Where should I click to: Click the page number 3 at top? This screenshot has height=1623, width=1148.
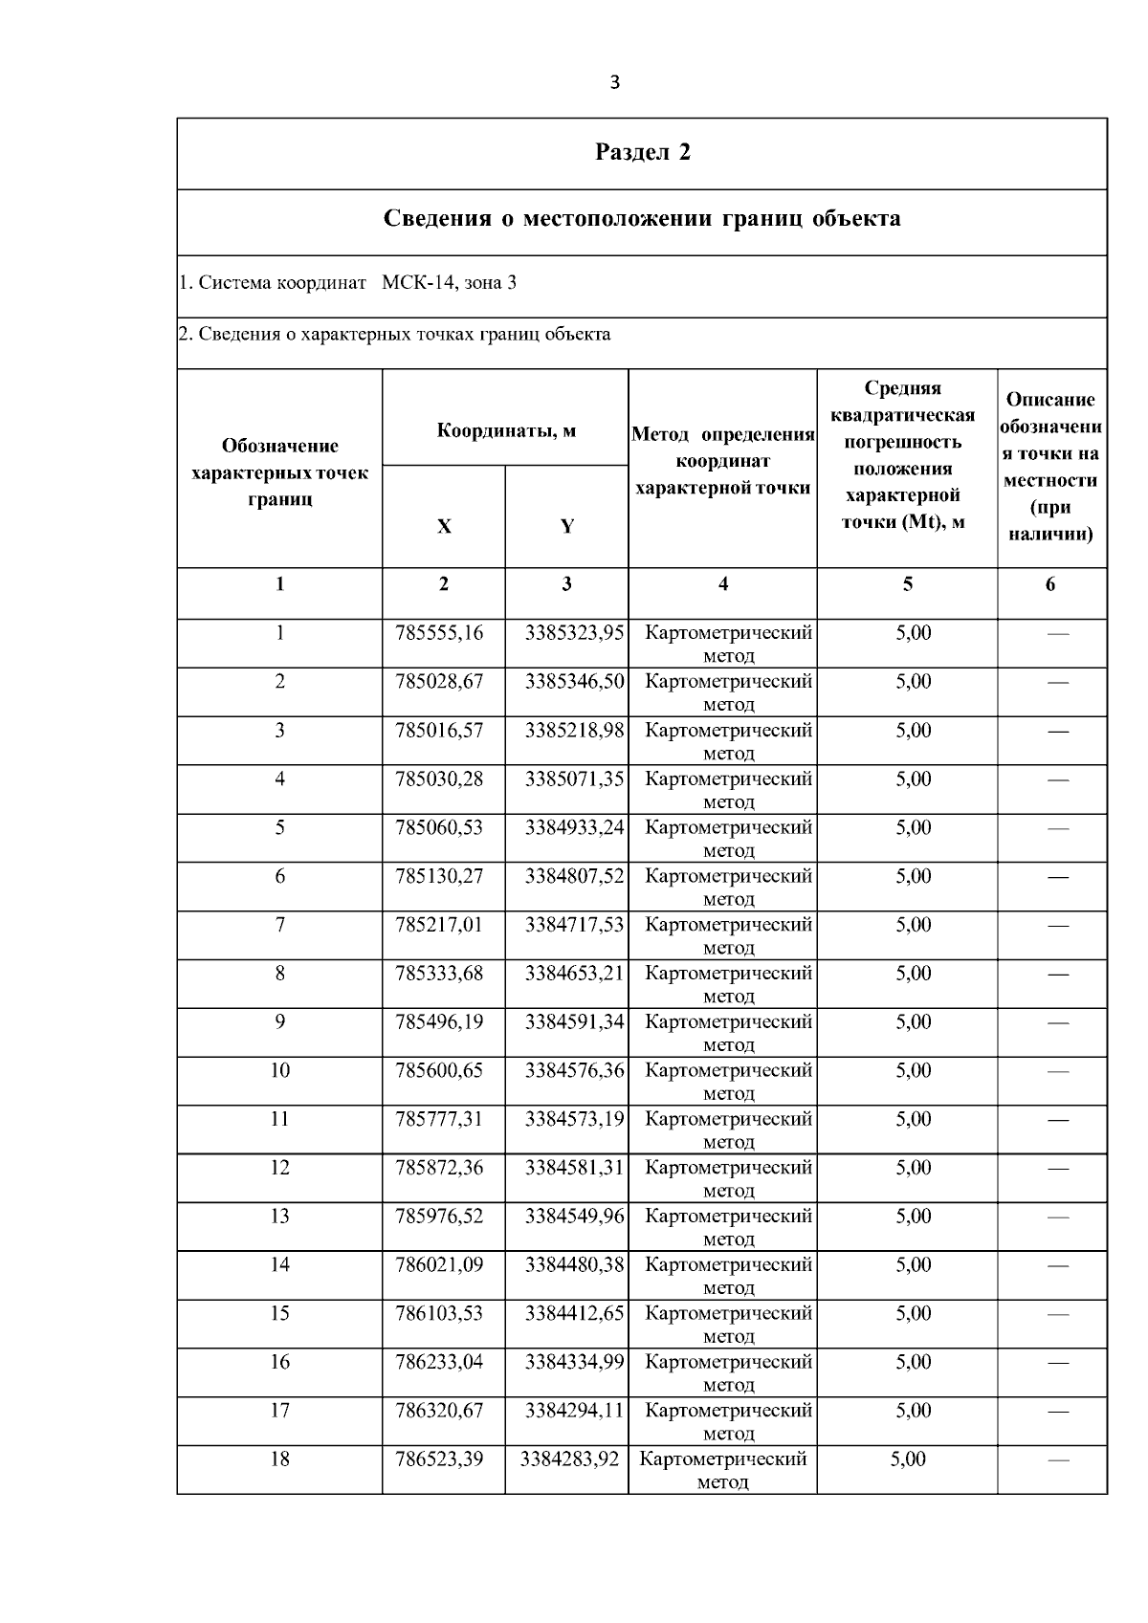pyautogui.click(x=614, y=82)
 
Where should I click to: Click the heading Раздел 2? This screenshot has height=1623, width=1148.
pyautogui.click(x=642, y=153)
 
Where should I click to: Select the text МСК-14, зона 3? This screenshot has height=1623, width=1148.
pyautogui.click(x=449, y=283)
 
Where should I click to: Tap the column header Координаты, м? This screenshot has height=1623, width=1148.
pyautogui.click(x=505, y=430)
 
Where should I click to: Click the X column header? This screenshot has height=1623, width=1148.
pyautogui.click(x=444, y=526)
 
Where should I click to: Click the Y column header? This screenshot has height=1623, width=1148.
pyautogui.click(x=566, y=526)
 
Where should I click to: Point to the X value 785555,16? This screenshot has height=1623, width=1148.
pyautogui.click(x=439, y=633)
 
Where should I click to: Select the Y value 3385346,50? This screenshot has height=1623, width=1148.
pyautogui.click(x=574, y=682)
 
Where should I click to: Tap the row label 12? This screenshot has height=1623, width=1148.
pyautogui.click(x=279, y=1168)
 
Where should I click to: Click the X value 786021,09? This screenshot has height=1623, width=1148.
pyautogui.click(x=439, y=1265)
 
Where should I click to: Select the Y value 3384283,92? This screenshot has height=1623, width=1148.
pyautogui.click(x=569, y=1459)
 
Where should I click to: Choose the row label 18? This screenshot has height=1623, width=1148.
pyautogui.click(x=279, y=1459)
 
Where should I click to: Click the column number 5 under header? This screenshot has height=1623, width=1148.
pyautogui.click(x=907, y=584)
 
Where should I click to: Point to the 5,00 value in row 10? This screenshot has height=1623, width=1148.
pyautogui.click(x=913, y=1071)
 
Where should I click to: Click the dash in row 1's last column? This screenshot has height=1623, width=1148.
pyautogui.click(x=1057, y=634)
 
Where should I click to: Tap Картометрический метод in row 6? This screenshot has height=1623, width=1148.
pyautogui.click(x=729, y=887)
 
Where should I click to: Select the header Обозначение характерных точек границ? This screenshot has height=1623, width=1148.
pyautogui.click(x=279, y=472)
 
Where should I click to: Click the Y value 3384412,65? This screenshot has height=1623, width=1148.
pyautogui.click(x=574, y=1314)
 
